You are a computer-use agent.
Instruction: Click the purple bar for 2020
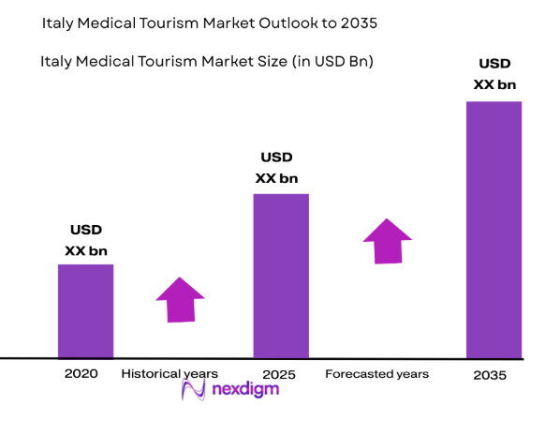point(85,310)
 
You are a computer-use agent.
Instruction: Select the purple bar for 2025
point(281,276)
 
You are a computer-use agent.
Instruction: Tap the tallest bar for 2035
point(494,230)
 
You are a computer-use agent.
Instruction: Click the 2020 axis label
point(81,373)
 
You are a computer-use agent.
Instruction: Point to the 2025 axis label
point(279,374)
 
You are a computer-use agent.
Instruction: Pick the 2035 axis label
point(490,375)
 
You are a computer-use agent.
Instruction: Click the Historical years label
point(169,373)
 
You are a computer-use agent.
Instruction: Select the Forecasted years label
point(376,373)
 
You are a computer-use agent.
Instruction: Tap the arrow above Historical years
point(179,299)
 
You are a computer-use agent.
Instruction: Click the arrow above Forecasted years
point(388,241)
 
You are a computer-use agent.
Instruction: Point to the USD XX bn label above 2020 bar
point(86,240)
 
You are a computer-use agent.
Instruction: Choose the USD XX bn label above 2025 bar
point(276,168)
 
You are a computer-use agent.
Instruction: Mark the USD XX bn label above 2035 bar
point(495,74)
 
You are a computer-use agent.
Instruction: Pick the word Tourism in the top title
point(155,20)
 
